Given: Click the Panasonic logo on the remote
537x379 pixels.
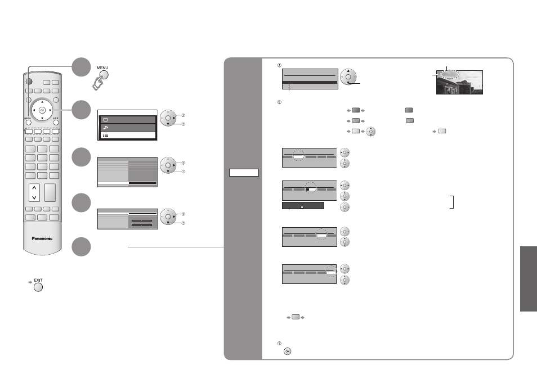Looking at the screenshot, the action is [42, 238].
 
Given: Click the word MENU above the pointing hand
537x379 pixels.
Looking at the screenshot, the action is [102, 67].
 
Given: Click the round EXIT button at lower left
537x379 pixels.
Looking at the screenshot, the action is [38, 287].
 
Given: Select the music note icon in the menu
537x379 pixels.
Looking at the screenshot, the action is [105, 128].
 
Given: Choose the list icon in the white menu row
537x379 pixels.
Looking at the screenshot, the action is [105, 136].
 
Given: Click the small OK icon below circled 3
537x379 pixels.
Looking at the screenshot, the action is [288, 351].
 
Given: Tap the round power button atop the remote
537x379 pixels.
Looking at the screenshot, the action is [29, 82].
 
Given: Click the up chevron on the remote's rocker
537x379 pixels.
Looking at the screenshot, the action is [34, 188].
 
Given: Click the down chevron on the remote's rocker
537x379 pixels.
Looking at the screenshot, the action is [34, 197].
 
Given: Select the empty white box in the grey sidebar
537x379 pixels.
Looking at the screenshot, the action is [244, 173].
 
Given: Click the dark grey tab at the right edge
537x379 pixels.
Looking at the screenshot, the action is [529, 279].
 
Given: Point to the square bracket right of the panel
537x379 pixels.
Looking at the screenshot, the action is [452, 202].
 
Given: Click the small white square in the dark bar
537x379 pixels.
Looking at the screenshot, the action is [302, 207].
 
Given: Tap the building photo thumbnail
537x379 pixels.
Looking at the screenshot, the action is [459, 83].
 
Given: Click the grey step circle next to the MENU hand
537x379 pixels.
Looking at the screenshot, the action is [81, 67].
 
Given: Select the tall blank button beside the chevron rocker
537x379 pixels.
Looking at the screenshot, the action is [50, 192].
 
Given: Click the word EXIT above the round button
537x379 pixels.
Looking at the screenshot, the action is [38, 280].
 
